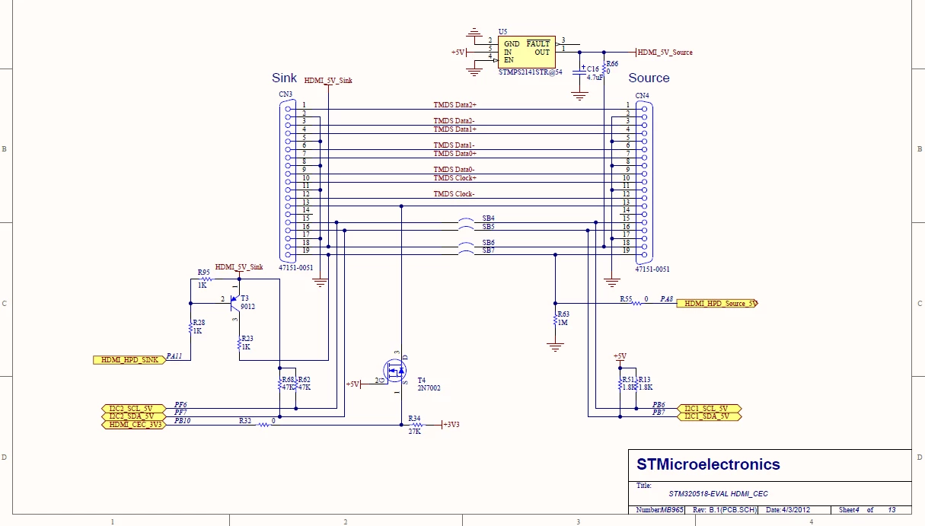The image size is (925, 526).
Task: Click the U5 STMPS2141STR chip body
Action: coord(527,52)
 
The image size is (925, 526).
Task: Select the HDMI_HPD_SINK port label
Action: coord(129,360)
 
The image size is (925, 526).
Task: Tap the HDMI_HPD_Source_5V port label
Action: coord(717,304)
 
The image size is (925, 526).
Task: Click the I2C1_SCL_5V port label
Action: coord(709,408)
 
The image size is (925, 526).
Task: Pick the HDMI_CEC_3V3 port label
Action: coord(133,425)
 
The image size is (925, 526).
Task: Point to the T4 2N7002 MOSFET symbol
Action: coord(395,371)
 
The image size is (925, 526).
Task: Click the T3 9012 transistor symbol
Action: coord(235,304)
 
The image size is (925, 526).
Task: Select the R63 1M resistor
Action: coord(556,320)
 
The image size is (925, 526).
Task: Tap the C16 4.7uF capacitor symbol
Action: coord(579,72)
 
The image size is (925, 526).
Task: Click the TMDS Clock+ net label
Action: coord(455,178)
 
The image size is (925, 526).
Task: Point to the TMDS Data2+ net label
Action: coord(455,105)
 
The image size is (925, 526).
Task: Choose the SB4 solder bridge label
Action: coord(488,218)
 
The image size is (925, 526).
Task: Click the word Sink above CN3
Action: coord(284,78)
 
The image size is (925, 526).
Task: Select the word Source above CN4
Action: coord(649,78)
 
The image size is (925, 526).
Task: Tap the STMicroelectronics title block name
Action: coord(708,464)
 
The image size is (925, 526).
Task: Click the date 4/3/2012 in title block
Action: coord(796,510)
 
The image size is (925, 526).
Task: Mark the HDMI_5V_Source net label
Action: coord(665,53)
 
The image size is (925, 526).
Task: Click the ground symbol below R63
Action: coord(556,347)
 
